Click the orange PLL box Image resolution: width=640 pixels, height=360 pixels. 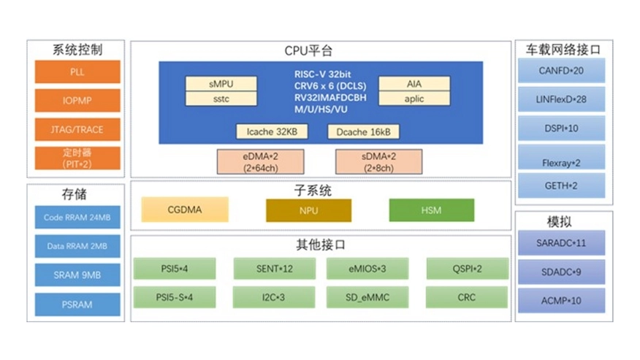[x=77, y=72]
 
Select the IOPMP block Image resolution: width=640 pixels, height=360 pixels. [x=77, y=101]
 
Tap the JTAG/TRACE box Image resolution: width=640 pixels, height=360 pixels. [x=77, y=129]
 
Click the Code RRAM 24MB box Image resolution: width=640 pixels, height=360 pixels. [x=77, y=218]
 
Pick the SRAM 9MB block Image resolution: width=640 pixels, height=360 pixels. [x=77, y=275]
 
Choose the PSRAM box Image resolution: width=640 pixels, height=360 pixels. [x=77, y=305]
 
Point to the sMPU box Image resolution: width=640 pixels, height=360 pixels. [x=221, y=84]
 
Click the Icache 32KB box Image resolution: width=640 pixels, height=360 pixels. [x=272, y=132]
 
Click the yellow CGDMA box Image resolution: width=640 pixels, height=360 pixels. [x=185, y=210]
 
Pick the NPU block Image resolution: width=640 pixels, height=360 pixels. [x=308, y=210]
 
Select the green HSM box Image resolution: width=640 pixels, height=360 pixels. [x=431, y=210]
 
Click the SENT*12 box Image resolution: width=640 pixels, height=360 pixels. [x=275, y=269]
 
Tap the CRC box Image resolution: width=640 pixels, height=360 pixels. [x=467, y=297]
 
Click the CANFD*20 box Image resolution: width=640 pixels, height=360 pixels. [x=561, y=71]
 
